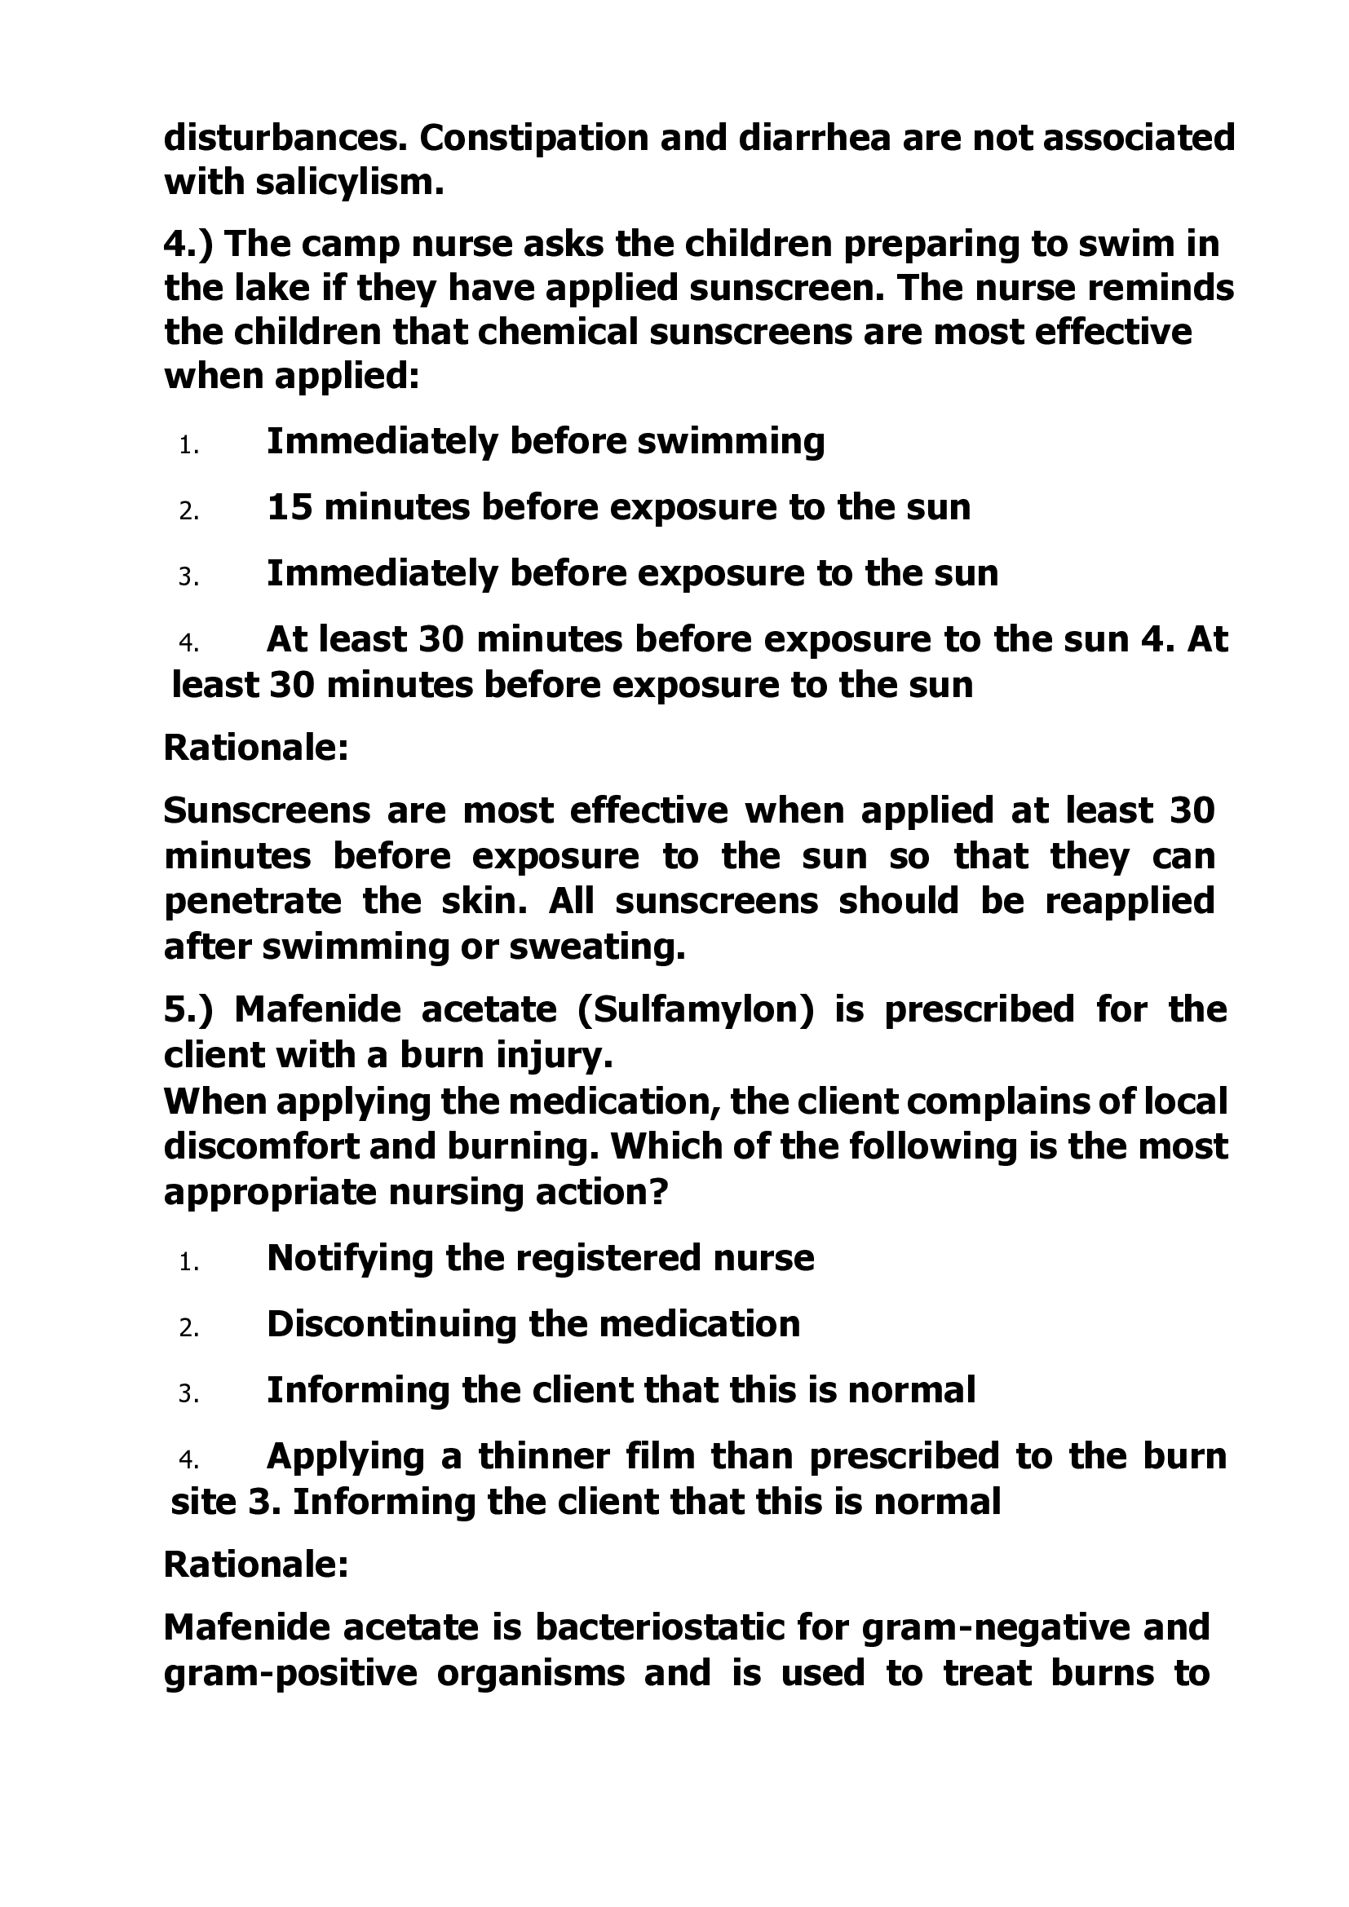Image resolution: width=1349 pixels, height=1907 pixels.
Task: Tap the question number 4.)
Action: pyautogui.click(x=188, y=245)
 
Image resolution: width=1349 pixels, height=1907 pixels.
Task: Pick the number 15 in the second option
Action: pyautogui.click(x=289, y=506)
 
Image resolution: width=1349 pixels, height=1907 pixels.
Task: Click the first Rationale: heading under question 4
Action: pyautogui.click(x=256, y=748)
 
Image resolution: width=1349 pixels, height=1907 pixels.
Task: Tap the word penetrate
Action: pyautogui.click(x=253, y=901)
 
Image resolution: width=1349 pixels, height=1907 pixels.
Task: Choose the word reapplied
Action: pyautogui.click(x=1130, y=901)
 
